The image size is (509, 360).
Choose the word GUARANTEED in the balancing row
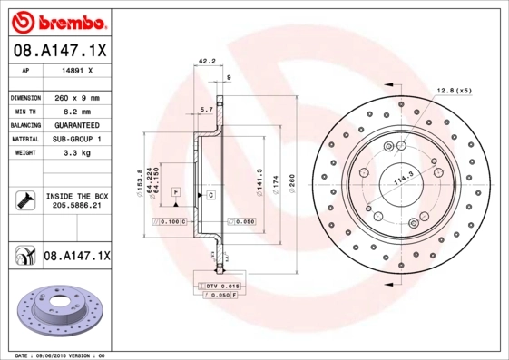[x=75, y=124]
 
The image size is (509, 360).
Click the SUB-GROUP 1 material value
[x=75, y=139]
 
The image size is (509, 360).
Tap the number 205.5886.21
[x=76, y=206]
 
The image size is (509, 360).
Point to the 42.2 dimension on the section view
[x=206, y=63]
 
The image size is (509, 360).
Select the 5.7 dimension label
[x=206, y=111]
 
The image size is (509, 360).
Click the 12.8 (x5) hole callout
[x=454, y=91]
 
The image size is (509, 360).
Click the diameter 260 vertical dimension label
[x=293, y=180]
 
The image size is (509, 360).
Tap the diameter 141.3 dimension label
[x=260, y=180]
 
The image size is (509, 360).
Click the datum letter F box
[x=175, y=193]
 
